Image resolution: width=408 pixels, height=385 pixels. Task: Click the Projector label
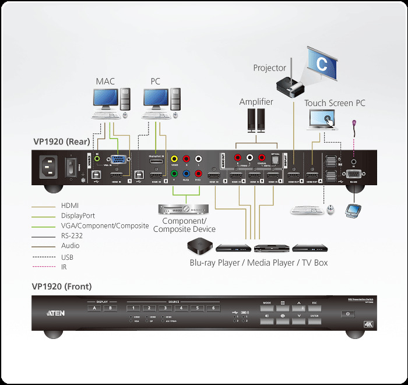[270, 68]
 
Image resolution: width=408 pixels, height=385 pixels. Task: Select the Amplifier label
[256, 102]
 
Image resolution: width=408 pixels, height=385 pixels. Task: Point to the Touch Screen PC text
[335, 103]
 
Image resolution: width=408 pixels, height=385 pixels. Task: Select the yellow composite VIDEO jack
[174, 158]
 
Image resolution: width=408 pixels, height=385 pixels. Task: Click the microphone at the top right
[355, 123]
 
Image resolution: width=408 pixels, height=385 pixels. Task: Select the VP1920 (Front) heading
[62, 287]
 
